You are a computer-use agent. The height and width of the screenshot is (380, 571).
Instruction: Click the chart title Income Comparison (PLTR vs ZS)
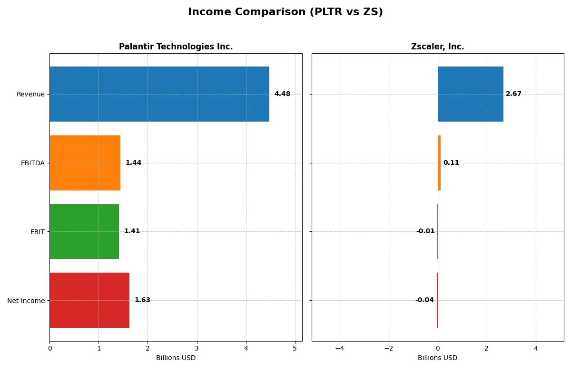point(285,12)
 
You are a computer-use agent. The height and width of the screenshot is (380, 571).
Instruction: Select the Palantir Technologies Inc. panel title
point(176,47)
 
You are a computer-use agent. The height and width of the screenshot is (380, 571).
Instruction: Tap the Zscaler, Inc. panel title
point(437,47)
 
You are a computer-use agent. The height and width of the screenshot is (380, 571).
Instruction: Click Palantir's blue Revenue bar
point(159,94)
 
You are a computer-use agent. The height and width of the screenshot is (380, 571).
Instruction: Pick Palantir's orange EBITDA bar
point(85,163)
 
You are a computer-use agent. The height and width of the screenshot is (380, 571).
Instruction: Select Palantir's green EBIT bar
point(84,231)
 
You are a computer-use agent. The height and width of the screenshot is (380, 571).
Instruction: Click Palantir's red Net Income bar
point(89,300)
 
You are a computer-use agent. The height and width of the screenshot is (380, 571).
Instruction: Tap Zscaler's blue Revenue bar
point(470,94)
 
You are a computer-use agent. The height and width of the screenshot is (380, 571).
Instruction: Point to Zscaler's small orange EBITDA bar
point(439,163)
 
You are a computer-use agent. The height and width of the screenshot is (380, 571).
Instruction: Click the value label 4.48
point(282,94)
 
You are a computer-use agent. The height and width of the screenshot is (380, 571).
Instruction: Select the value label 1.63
point(142,300)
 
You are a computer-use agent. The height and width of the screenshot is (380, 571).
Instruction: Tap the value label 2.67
point(513,94)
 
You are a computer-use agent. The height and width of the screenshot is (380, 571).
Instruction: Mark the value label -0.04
point(424,300)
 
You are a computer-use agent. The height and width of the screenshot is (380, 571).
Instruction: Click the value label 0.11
point(451,163)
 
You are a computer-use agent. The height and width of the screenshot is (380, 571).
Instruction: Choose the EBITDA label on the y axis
point(33,163)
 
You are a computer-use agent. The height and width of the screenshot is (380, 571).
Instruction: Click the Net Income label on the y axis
point(26,301)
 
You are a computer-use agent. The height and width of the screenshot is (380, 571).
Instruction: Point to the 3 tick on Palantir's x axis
point(197,348)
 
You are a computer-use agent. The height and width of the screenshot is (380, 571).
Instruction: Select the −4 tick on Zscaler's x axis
point(340,348)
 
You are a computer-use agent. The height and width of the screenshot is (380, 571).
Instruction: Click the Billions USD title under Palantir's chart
point(176,358)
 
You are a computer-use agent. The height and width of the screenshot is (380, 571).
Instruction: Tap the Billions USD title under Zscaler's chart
point(437,358)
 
